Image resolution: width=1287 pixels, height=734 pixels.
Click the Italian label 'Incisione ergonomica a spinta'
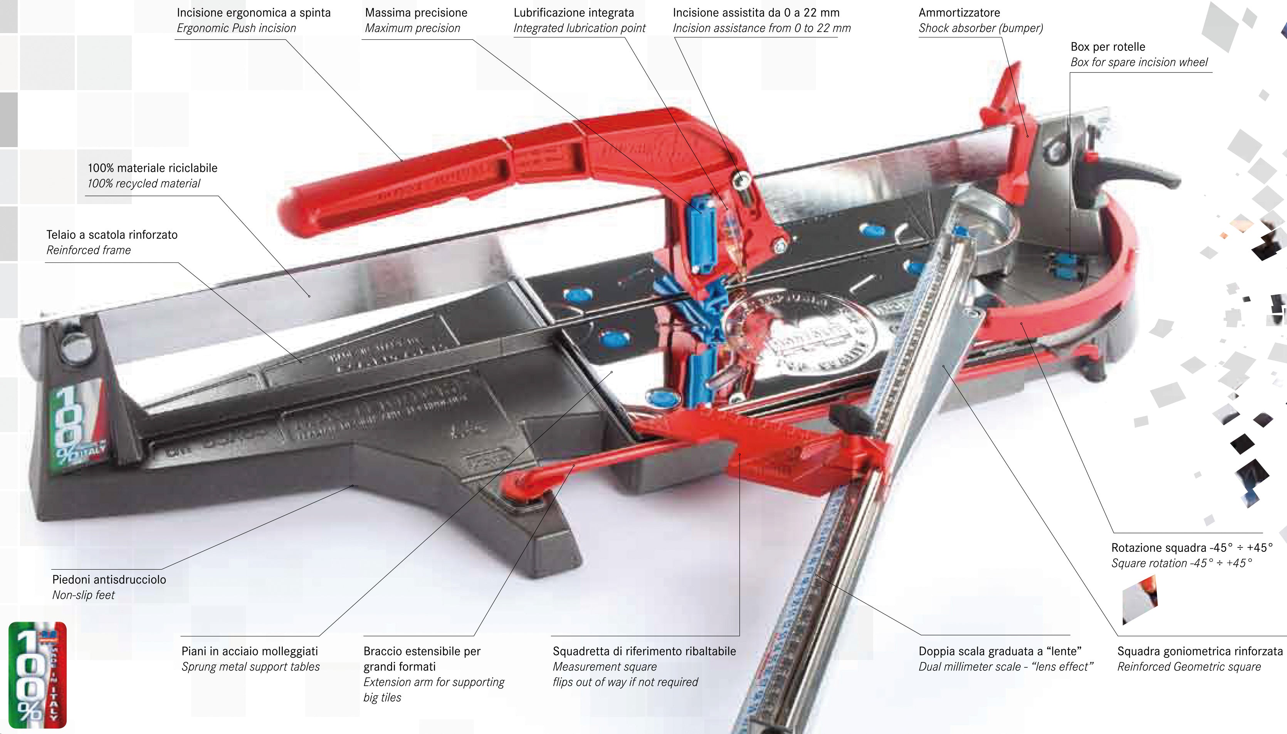tap(254, 13)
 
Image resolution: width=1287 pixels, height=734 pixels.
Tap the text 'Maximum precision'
tap(413, 28)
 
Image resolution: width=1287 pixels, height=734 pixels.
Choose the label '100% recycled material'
tap(144, 183)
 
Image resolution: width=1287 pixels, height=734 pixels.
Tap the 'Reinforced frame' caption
tap(89, 250)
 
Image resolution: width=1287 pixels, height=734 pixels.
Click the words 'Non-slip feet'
tap(84, 595)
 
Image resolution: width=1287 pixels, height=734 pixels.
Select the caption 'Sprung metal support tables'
tap(250, 667)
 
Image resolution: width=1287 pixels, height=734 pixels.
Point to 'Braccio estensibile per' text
tap(422, 651)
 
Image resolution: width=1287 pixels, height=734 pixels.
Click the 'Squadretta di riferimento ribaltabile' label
tap(644, 651)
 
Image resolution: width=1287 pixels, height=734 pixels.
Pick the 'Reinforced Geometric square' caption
tap(1189, 667)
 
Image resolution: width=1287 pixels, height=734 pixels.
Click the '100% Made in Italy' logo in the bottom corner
tap(37, 675)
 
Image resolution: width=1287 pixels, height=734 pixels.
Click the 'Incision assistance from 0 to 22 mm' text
tap(761, 28)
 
